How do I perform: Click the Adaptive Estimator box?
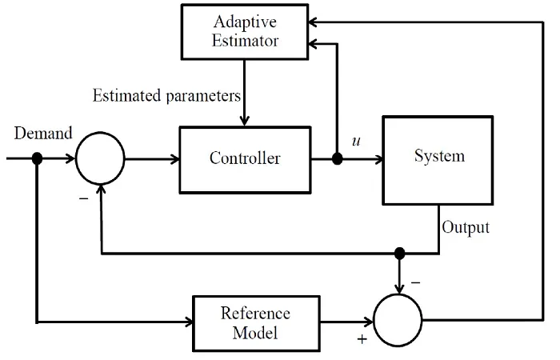pyautogui.click(x=245, y=32)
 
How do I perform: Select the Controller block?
pyautogui.click(x=245, y=160)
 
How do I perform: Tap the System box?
pyautogui.click(x=438, y=160)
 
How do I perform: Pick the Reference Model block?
pyautogui.click(x=256, y=323)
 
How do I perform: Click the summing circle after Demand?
pyautogui.click(x=100, y=158)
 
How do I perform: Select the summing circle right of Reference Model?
pyautogui.click(x=398, y=320)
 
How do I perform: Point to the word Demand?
pyautogui.click(x=43, y=134)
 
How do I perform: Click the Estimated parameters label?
pyautogui.click(x=166, y=96)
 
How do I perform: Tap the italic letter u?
pyautogui.click(x=356, y=141)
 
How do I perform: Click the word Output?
pyautogui.click(x=466, y=227)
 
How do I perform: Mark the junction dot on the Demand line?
pyautogui.click(x=37, y=158)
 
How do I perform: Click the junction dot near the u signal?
pyautogui.click(x=337, y=158)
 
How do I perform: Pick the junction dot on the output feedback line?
pyautogui.click(x=400, y=254)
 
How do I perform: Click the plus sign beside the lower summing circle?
pyautogui.click(x=362, y=339)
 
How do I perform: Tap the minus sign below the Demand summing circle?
pyautogui.click(x=83, y=198)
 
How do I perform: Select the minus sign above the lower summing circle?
pyautogui.click(x=415, y=283)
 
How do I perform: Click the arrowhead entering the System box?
pyautogui.click(x=378, y=159)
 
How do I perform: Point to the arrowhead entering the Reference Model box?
pyautogui.click(x=189, y=322)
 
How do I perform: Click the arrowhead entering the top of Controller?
pyautogui.click(x=244, y=122)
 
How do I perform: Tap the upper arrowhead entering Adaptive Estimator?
pyautogui.click(x=313, y=22)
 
